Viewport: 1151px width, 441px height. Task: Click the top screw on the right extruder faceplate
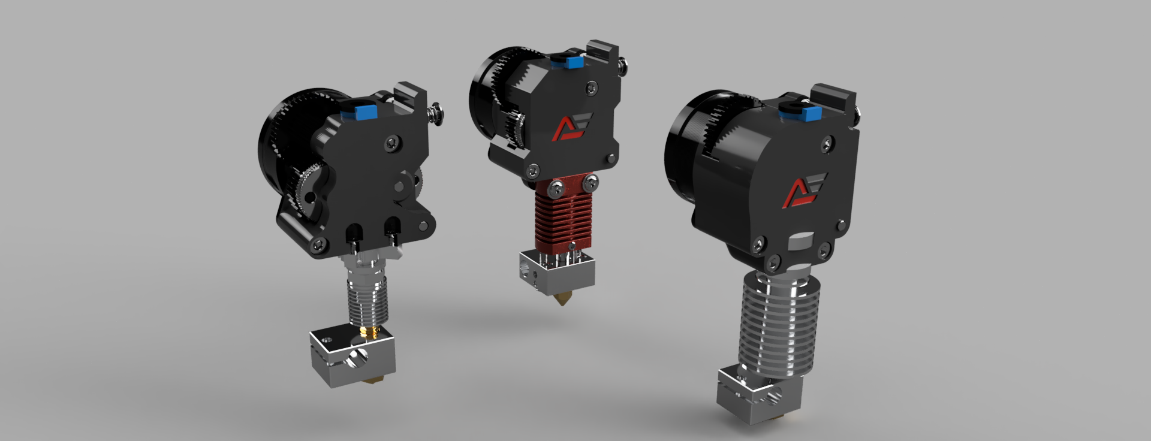827,144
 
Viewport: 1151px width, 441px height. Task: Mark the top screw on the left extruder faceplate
392,142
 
